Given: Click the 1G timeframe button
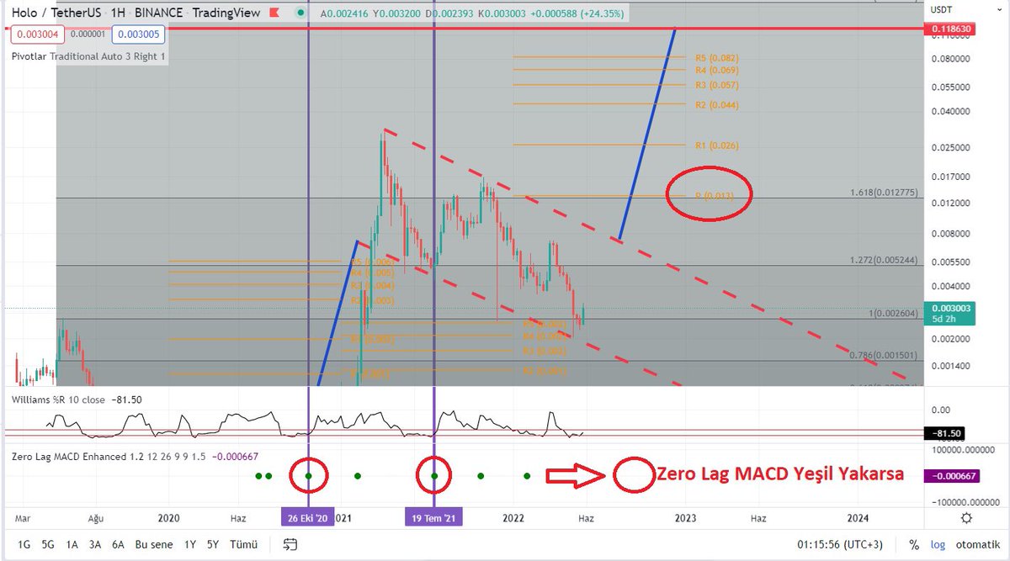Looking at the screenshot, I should pyautogui.click(x=24, y=544).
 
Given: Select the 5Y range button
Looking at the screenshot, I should pyautogui.click(x=214, y=544).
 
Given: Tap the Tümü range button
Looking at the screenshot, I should pyautogui.click(x=243, y=544).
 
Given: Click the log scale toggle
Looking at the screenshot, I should pyautogui.click(x=937, y=544).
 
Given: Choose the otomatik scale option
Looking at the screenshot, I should pyautogui.click(x=976, y=544).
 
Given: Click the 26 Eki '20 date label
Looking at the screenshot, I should pyautogui.click(x=308, y=517).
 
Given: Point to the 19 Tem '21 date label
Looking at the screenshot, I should pyautogui.click(x=433, y=517).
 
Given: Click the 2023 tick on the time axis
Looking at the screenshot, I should pyautogui.click(x=685, y=517).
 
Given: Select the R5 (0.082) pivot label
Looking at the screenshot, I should pyautogui.click(x=716, y=58).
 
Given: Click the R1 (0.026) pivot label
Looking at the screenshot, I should pyautogui.click(x=716, y=146).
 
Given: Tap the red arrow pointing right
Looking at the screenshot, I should pyautogui.click(x=576, y=476).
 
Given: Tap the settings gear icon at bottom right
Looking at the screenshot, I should pyautogui.click(x=967, y=518).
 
